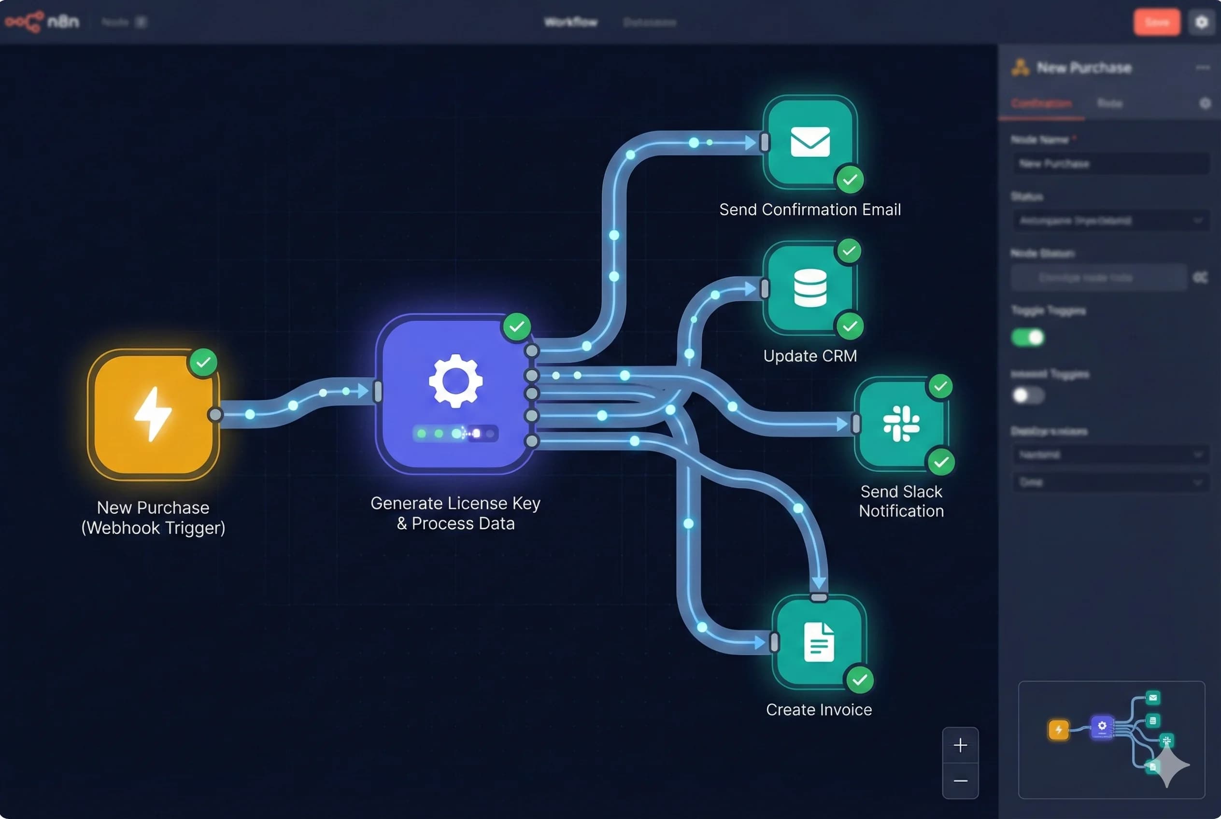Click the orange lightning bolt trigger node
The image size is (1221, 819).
pos(153,415)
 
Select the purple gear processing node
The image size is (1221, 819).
pos(455,393)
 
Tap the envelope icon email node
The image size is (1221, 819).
pos(809,141)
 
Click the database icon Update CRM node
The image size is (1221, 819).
pos(809,288)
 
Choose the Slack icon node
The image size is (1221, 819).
pos(901,424)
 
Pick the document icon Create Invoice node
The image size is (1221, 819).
pos(818,642)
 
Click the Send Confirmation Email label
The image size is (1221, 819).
pos(809,210)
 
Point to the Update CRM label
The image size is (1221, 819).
pos(809,356)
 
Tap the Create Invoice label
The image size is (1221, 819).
pos(818,709)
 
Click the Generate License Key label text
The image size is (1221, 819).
pos(455,504)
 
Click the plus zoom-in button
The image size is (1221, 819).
pos(960,745)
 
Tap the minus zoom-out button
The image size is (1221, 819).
pos(960,781)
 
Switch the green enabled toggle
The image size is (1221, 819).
pos(1027,338)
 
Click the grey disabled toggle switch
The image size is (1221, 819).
pos(1027,395)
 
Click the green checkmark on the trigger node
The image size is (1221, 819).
pos(203,362)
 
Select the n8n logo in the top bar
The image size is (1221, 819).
pos(42,22)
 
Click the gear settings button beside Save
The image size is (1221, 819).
pos(1201,22)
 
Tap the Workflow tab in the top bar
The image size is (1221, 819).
pos(570,22)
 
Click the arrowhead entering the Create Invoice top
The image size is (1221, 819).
pos(819,582)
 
